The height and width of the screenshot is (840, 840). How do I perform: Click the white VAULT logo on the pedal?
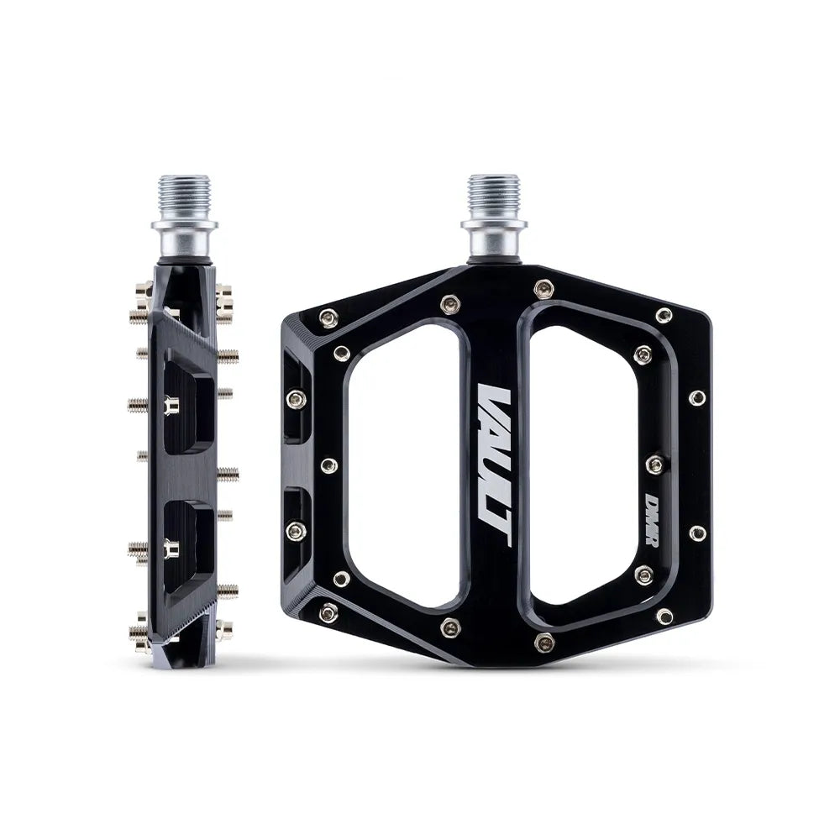pyautogui.click(x=493, y=466)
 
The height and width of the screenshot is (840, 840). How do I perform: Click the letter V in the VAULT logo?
pyautogui.click(x=493, y=402)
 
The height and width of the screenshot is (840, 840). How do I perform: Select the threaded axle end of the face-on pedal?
pyautogui.click(x=493, y=195)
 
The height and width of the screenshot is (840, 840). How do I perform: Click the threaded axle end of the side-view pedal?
pyautogui.click(x=184, y=195)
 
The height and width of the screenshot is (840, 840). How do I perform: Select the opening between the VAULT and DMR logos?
pyautogui.click(x=580, y=466)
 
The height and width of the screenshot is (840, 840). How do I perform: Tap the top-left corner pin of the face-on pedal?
pyautogui.click(x=329, y=317)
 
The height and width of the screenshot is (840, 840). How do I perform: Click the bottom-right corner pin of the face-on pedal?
pyautogui.click(x=664, y=616)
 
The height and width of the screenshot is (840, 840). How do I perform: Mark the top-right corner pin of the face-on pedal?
pyautogui.click(x=664, y=316)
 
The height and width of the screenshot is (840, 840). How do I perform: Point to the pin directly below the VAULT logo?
pyautogui.click(x=452, y=627)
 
